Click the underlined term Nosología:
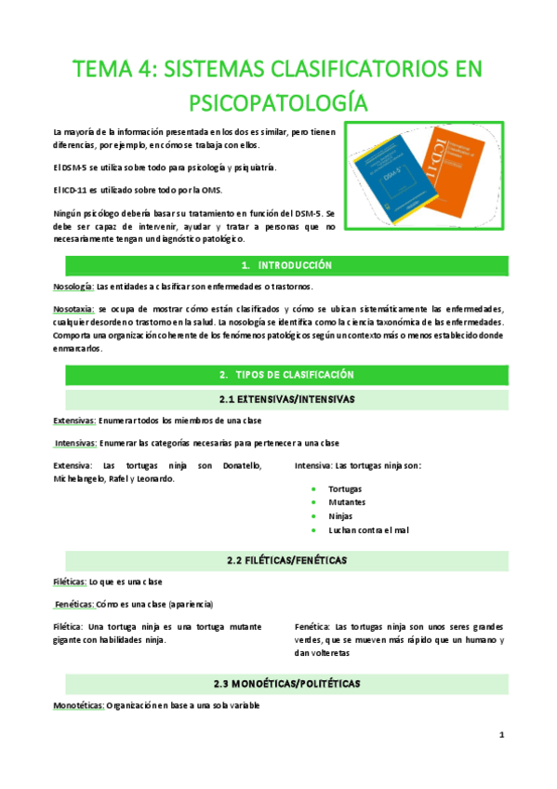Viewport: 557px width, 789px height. tap(73, 286)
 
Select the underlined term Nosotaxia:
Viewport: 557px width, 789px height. tap(74, 308)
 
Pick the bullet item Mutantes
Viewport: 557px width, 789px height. tap(346, 502)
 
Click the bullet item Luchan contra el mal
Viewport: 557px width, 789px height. tap(369, 529)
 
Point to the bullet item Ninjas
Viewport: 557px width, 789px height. tap(341, 516)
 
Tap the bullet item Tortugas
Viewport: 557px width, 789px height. tap(345, 488)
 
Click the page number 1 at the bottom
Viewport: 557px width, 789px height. tap(501, 736)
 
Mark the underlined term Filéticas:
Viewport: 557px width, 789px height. tap(70, 582)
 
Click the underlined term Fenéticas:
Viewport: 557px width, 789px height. tap(74, 604)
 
